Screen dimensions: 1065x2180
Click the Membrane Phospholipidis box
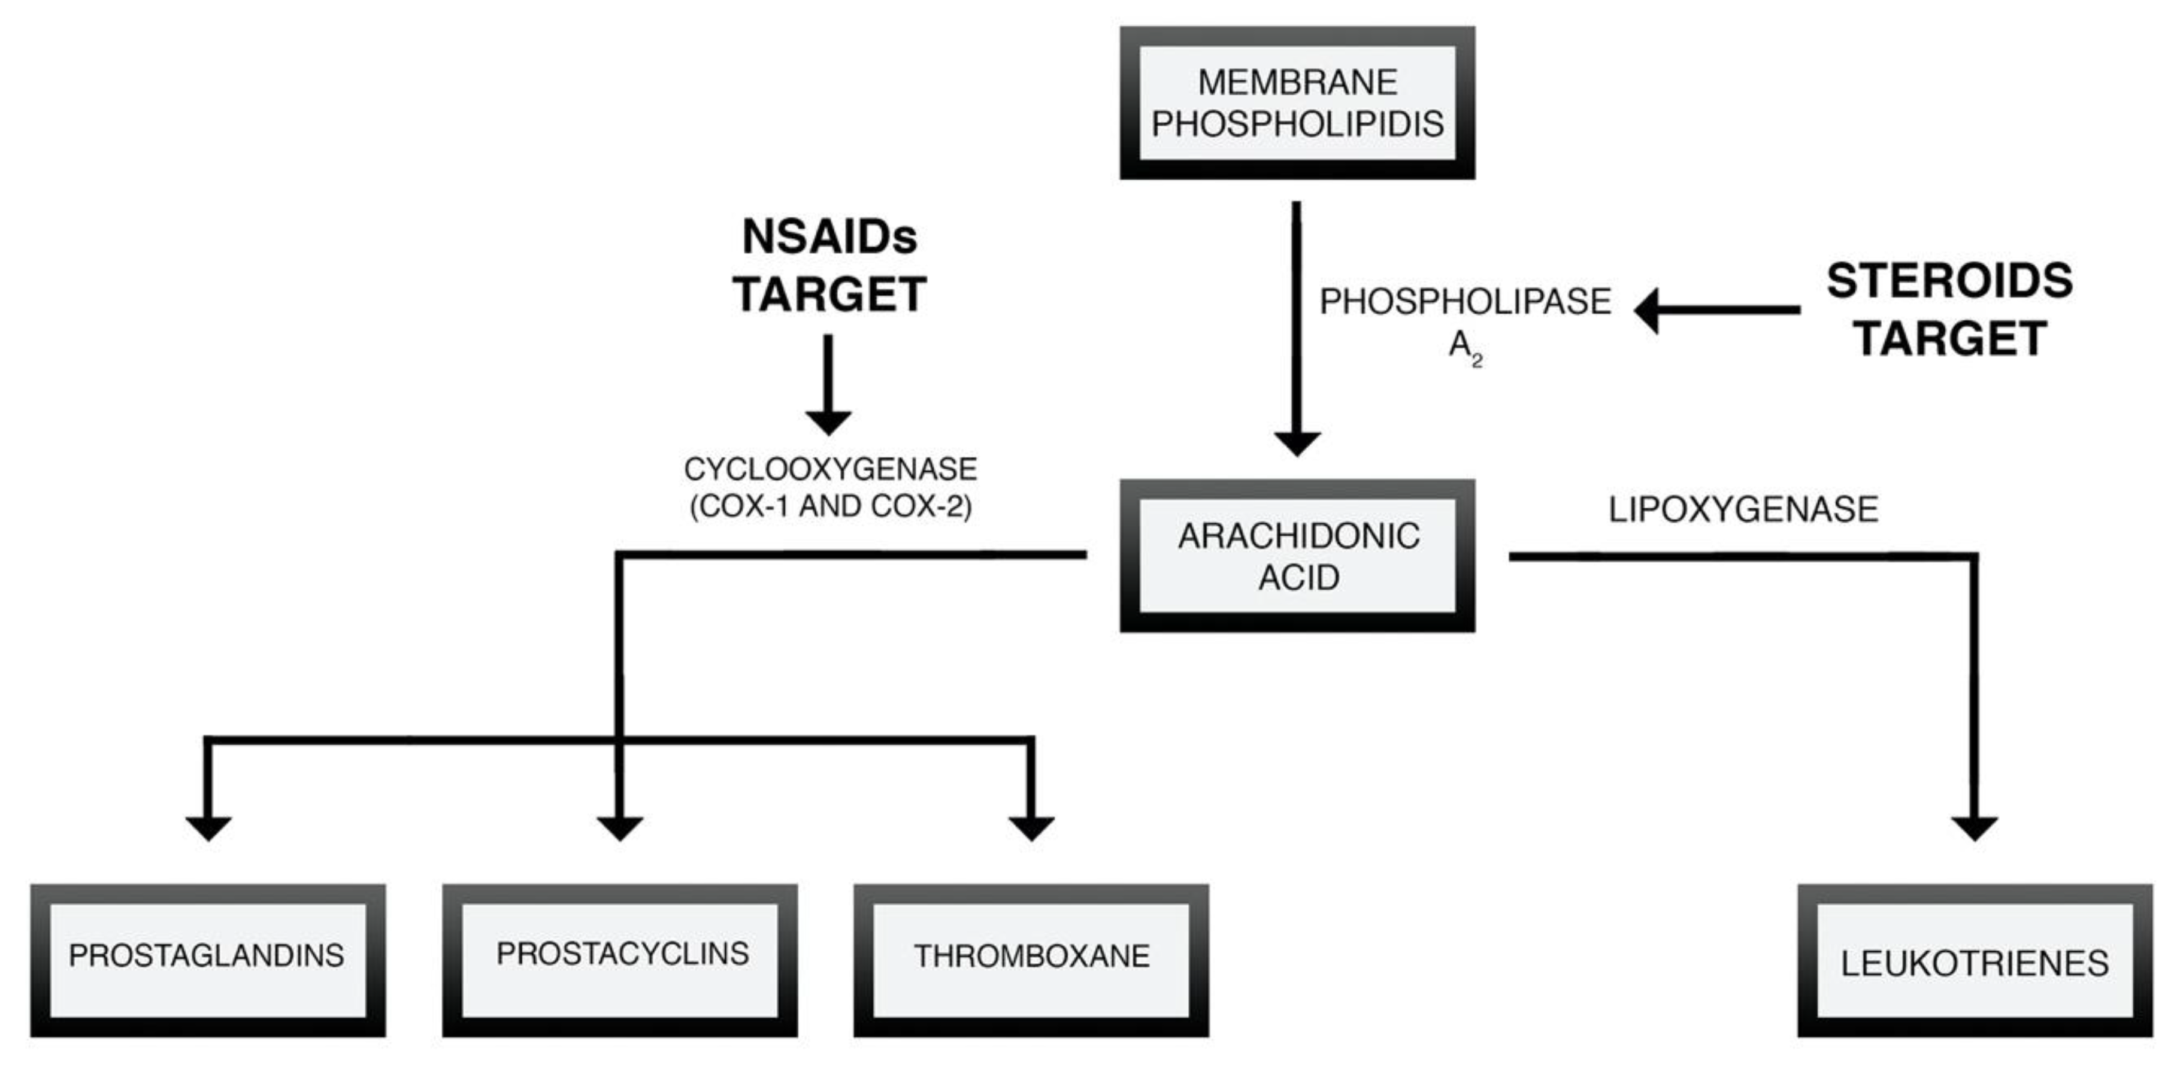pos(1297,102)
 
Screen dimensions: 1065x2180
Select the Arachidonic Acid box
pos(1297,556)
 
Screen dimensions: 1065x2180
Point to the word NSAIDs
pos(829,237)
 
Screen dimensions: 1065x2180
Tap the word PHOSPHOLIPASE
pos(1465,302)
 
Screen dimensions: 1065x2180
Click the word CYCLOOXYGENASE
pos(829,469)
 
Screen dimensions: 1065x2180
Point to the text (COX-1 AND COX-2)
pos(830,506)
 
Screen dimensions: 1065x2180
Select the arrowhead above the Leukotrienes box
pos(1975,827)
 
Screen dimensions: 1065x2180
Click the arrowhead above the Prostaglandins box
pos(208,827)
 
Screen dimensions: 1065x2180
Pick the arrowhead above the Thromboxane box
pos(1031,827)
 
